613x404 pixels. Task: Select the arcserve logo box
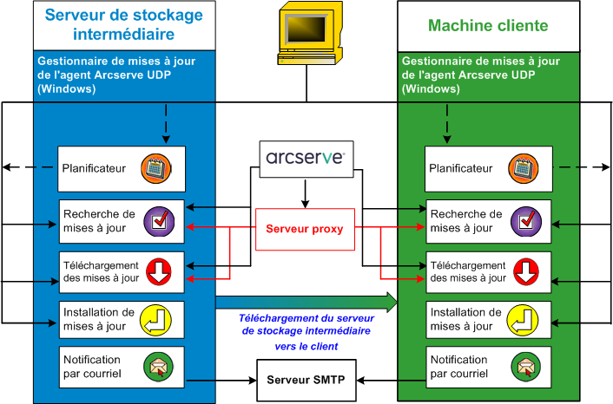305,159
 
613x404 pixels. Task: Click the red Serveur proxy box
305,230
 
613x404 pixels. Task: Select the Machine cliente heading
488,25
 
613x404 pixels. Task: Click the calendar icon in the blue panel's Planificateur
159,169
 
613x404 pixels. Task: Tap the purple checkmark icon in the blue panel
159,221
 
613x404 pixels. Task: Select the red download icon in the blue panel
159,271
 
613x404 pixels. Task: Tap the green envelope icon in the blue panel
159,366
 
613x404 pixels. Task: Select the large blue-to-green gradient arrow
305,302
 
